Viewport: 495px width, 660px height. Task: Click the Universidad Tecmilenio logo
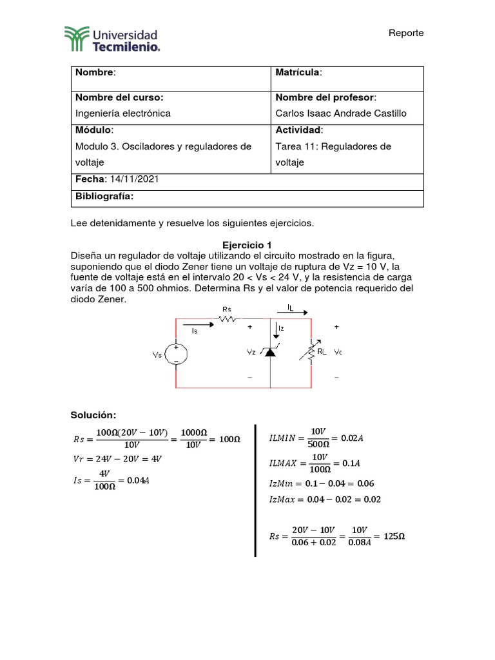[x=111, y=38]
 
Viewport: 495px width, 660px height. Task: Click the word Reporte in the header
[x=406, y=33]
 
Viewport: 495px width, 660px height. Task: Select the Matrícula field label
[x=298, y=72]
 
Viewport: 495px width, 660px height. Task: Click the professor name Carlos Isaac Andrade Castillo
[x=341, y=113]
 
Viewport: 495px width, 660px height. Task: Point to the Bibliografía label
[x=104, y=197]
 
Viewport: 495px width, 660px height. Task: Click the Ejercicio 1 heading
[x=247, y=245]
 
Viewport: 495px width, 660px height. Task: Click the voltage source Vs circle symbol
[x=176, y=354]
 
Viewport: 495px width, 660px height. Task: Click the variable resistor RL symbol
[x=312, y=352]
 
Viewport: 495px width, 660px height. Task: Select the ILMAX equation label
[x=282, y=463]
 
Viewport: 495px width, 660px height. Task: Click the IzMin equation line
[x=321, y=483]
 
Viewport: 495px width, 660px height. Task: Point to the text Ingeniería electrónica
[x=123, y=113]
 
